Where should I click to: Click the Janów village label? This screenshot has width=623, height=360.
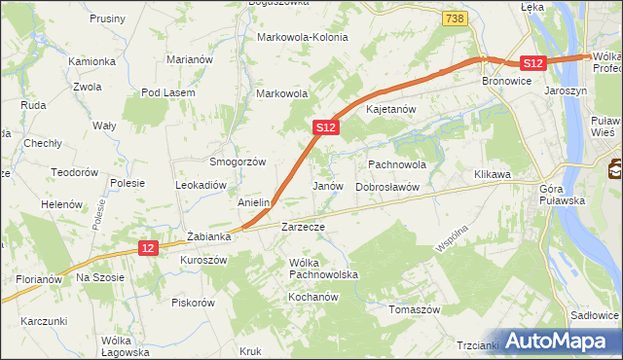328,185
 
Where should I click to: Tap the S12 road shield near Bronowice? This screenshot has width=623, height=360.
531,62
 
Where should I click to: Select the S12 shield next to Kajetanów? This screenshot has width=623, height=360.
326,127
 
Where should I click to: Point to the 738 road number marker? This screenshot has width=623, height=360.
453,18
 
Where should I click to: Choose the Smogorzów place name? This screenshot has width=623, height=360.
238,162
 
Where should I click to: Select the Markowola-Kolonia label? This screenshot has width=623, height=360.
302,37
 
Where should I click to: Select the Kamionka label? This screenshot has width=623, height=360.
92,60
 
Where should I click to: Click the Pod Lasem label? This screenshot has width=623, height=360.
168,92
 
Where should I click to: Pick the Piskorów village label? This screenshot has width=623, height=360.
193,302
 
